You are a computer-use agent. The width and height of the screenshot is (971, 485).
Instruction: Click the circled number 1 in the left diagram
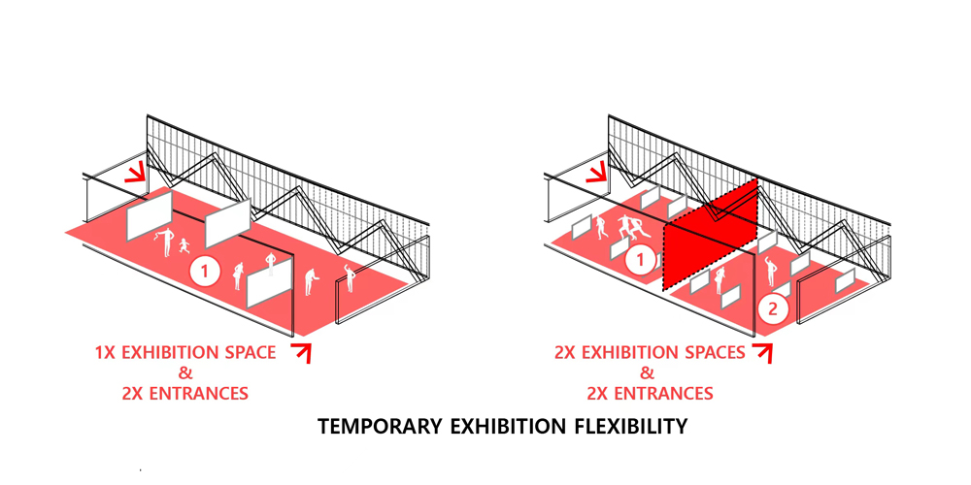point(205,271)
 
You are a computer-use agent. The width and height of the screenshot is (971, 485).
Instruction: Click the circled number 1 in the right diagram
point(641,260)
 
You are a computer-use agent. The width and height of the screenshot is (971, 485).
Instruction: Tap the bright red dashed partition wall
point(711,235)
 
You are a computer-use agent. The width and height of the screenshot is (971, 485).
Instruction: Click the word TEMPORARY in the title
point(380,426)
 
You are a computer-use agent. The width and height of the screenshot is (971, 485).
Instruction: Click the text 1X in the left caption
point(105,353)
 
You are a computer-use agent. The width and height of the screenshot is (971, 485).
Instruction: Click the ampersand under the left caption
point(185,373)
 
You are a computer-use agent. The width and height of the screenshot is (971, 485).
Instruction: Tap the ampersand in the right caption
point(647,373)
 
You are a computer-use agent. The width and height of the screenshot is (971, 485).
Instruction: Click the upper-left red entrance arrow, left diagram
point(136,173)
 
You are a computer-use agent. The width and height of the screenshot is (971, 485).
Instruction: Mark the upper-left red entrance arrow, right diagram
point(597,173)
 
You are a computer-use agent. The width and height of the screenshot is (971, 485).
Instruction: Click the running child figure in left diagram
point(184,245)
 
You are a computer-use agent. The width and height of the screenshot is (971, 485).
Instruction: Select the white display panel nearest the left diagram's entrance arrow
point(150,214)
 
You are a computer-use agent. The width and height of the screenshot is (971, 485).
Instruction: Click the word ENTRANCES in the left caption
point(185,394)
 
